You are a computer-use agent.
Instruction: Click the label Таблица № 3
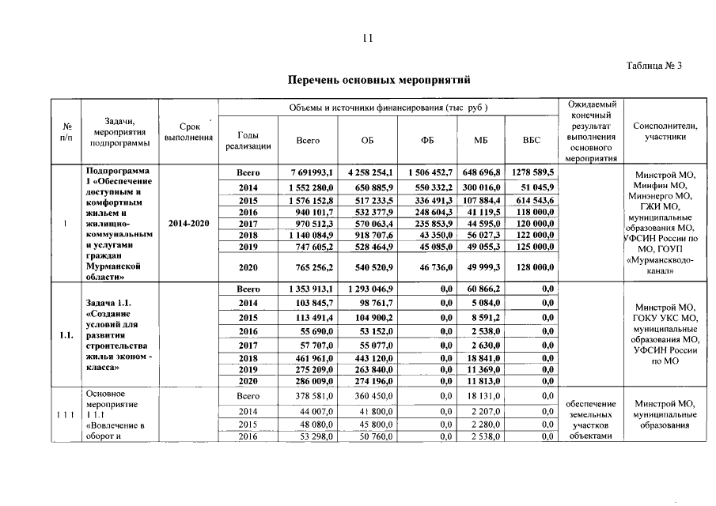click(653, 66)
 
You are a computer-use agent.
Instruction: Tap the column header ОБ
click(366, 140)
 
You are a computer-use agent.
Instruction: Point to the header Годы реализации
click(248, 140)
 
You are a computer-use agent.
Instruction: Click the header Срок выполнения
click(188, 132)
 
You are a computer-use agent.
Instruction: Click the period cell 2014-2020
click(188, 224)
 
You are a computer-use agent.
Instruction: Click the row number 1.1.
click(66, 335)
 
